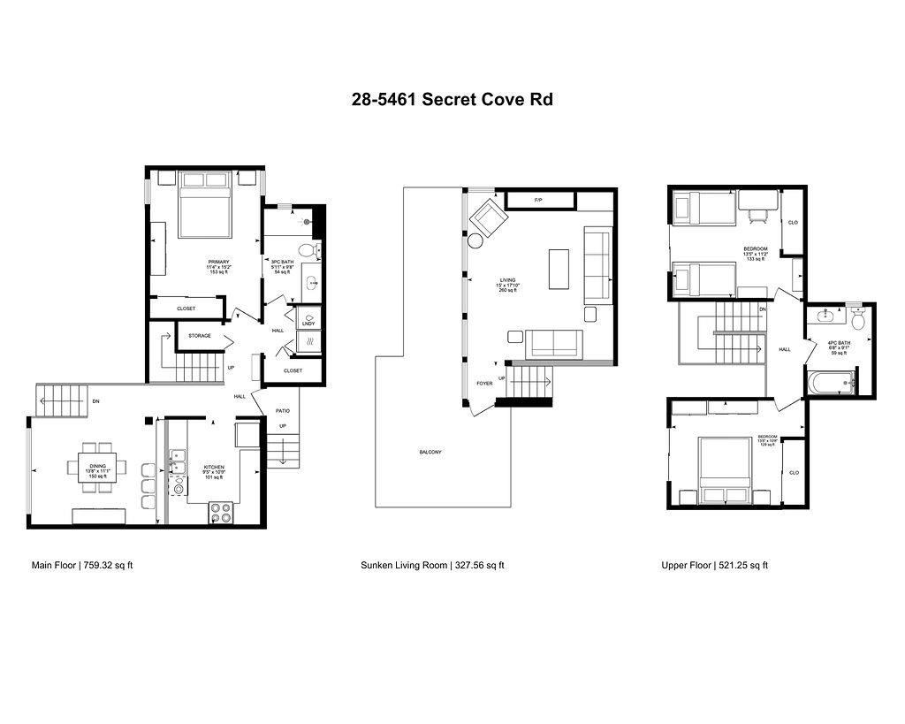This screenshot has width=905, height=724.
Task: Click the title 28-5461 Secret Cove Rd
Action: tap(452, 99)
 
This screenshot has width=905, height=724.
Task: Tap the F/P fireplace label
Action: tap(538, 202)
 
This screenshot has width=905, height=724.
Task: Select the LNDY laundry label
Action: tap(308, 324)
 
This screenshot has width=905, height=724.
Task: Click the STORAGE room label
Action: tap(200, 336)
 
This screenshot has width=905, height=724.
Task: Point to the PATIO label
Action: tap(283, 411)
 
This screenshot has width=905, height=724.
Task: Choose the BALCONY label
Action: tap(431, 453)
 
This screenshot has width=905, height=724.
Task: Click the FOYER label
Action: tap(484, 384)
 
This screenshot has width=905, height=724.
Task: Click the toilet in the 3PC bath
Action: tap(308, 251)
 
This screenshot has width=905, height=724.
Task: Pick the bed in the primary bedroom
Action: tap(205, 205)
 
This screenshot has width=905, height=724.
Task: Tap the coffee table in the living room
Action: tap(559, 269)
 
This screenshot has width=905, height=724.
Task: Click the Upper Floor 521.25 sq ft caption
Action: tap(714, 565)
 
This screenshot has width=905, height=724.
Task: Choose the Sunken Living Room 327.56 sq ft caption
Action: tap(432, 565)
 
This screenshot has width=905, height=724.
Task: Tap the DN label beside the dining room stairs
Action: tap(95, 401)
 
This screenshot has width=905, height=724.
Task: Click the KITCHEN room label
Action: tap(215, 467)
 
